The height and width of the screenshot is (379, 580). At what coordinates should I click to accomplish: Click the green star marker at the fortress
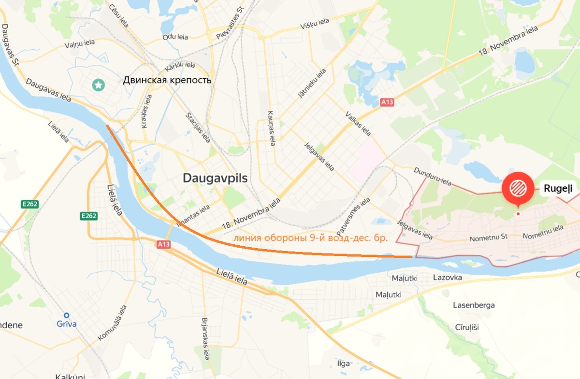pyautogui.click(x=99, y=85)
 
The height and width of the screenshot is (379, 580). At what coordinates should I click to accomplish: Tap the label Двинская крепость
pyautogui.click(x=167, y=80)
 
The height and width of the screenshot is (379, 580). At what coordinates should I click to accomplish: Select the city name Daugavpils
pyautogui.click(x=215, y=178)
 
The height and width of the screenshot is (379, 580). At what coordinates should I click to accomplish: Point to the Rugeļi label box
pyautogui.click(x=558, y=188)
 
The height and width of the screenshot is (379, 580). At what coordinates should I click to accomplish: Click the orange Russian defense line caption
pyautogui.click(x=311, y=238)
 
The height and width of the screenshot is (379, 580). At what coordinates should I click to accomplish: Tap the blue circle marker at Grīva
pyautogui.click(x=67, y=315)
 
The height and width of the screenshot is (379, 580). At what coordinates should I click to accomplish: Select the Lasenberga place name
pyautogui.click(x=474, y=305)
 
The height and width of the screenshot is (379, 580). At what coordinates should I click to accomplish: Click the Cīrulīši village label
pyautogui.click(x=466, y=327)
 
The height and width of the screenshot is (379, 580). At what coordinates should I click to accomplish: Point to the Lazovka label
pyautogui.click(x=448, y=278)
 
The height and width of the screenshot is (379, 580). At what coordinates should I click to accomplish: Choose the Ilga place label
pyautogui.click(x=343, y=364)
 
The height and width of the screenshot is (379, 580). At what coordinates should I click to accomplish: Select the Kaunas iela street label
pyautogui.click(x=271, y=128)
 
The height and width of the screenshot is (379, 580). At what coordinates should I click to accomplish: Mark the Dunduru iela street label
pyautogui.click(x=433, y=176)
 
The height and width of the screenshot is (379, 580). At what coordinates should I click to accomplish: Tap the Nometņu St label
pyautogui.click(x=491, y=237)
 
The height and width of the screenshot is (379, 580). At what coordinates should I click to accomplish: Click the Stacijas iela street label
pyautogui.click(x=198, y=127)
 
